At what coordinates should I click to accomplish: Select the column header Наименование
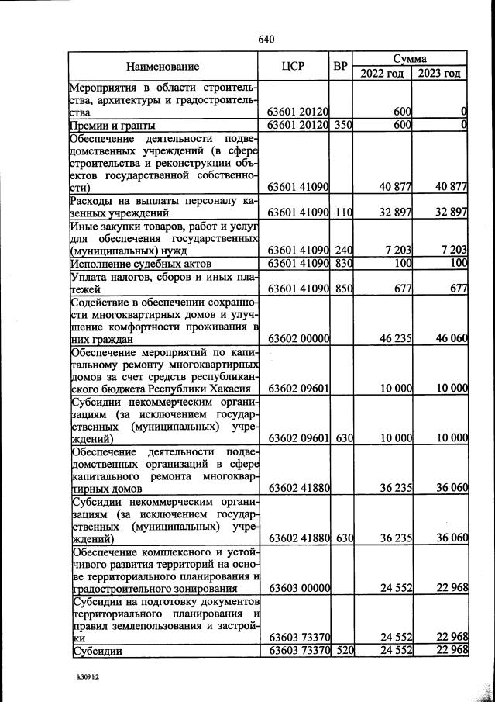click(163, 67)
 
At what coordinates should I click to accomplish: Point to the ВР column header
click(340, 67)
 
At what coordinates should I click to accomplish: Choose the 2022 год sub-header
click(382, 74)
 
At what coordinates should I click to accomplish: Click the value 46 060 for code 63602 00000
click(452, 339)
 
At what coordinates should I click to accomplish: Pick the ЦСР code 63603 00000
click(299, 587)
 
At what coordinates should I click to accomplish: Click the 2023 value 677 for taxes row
click(456, 289)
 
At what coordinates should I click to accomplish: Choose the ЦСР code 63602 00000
click(299, 339)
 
